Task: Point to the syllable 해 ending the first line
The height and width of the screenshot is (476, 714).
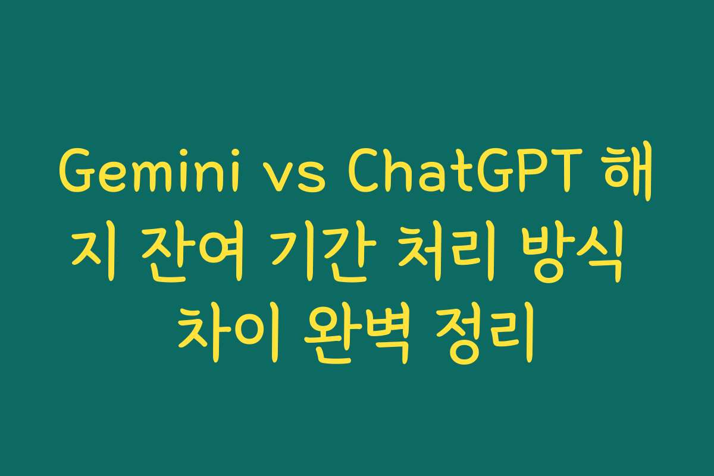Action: click(630, 177)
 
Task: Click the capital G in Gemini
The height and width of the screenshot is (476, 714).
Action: click(77, 177)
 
